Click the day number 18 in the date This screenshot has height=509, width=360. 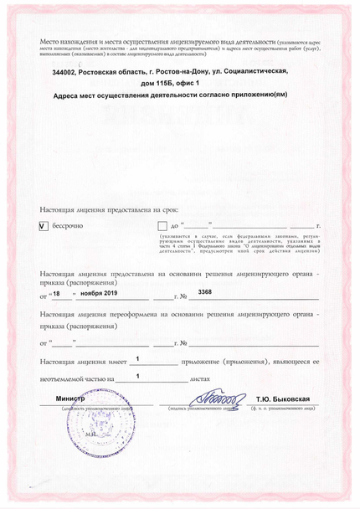[57, 295]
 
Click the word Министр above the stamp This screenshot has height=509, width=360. [71, 398]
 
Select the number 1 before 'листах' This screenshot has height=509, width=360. [136, 376]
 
